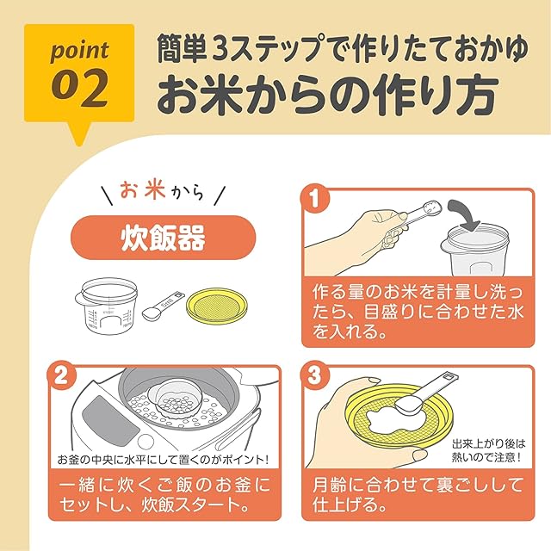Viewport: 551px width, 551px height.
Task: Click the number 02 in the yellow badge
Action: [x=79, y=88]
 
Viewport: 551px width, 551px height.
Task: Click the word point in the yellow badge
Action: [x=80, y=51]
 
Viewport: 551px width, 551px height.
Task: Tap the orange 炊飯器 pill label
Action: [x=164, y=238]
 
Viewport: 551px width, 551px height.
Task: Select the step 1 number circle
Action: [x=314, y=199]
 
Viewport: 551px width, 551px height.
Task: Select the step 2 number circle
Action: [x=61, y=377]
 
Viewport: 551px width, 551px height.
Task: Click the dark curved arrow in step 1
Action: [x=465, y=214]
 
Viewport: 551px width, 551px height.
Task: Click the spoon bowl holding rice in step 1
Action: [x=432, y=207]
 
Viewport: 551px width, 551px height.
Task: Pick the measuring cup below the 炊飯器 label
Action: [x=106, y=306]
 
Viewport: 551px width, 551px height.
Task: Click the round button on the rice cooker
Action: [x=146, y=443]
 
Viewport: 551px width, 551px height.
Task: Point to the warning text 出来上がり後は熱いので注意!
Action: [x=488, y=450]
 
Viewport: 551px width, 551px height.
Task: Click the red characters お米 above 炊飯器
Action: [x=142, y=191]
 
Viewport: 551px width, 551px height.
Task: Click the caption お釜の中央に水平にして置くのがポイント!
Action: [x=163, y=460]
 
